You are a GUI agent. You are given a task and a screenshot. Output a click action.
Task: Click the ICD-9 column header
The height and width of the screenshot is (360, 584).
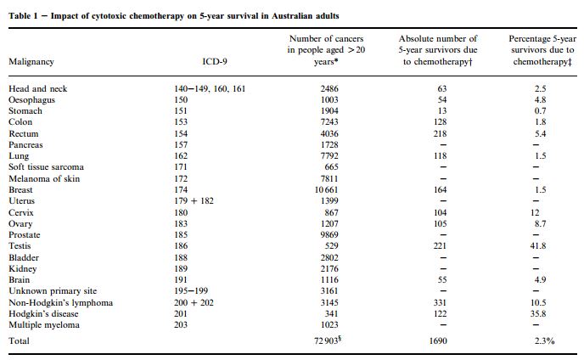click(x=215, y=61)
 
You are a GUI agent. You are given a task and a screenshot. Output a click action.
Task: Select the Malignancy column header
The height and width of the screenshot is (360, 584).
click(x=31, y=62)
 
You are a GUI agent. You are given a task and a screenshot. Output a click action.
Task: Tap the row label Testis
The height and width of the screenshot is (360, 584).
click(x=20, y=246)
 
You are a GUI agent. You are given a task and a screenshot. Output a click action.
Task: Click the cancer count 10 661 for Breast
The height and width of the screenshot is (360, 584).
click(x=326, y=189)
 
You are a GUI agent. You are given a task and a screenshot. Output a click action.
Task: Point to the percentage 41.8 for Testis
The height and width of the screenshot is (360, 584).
click(x=538, y=246)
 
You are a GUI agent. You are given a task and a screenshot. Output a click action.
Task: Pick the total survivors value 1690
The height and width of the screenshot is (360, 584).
click(x=438, y=340)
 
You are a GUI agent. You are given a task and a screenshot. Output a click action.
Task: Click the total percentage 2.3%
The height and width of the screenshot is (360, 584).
click(x=544, y=340)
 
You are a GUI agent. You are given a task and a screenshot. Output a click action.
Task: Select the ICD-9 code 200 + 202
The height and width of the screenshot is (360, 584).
click(x=194, y=302)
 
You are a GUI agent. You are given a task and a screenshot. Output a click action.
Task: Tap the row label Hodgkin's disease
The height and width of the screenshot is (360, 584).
click(x=43, y=314)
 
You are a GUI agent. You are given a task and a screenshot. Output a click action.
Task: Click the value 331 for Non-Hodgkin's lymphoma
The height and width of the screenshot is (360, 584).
click(x=440, y=302)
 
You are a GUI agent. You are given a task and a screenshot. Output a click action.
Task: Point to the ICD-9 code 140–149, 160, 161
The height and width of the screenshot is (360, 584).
click(x=210, y=88)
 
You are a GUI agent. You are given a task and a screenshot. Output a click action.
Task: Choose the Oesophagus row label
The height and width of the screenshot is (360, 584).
click(x=31, y=100)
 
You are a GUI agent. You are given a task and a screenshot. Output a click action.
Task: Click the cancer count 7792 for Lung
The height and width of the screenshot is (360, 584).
click(x=329, y=155)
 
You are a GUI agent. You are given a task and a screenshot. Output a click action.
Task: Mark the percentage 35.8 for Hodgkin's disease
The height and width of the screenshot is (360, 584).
click(x=538, y=314)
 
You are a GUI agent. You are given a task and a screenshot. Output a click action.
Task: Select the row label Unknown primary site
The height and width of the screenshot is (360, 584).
click(x=53, y=291)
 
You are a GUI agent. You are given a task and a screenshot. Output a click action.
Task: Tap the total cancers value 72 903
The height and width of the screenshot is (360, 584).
click(x=326, y=340)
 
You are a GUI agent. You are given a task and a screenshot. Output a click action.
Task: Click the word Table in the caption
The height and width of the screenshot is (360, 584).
click(x=19, y=16)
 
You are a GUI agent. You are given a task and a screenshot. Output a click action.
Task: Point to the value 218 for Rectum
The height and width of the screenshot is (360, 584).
click(x=440, y=134)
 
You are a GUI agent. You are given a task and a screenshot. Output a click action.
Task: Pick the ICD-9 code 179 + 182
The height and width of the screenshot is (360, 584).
click(x=194, y=201)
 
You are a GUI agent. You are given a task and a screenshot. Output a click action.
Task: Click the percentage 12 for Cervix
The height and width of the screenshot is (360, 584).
click(x=535, y=213)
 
